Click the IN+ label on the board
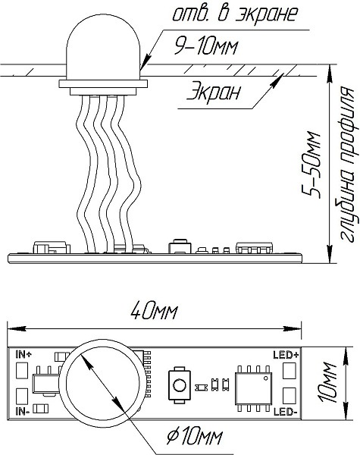tap(23, 354)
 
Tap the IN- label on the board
tap(23, 411)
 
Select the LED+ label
tap(286, 355)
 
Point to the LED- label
tap(285, 412)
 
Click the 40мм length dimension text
tap(154, 311)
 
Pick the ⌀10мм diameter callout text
tap(195, 437)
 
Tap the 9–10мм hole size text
tap(205, 46)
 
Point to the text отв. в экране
tap(235, 14)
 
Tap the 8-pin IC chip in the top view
tap(254, 388)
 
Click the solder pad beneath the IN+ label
tap(21, 370)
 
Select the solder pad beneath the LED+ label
tap(290, 371)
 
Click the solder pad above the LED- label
tap(290, 395)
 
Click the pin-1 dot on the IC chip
tap(266, 378)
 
